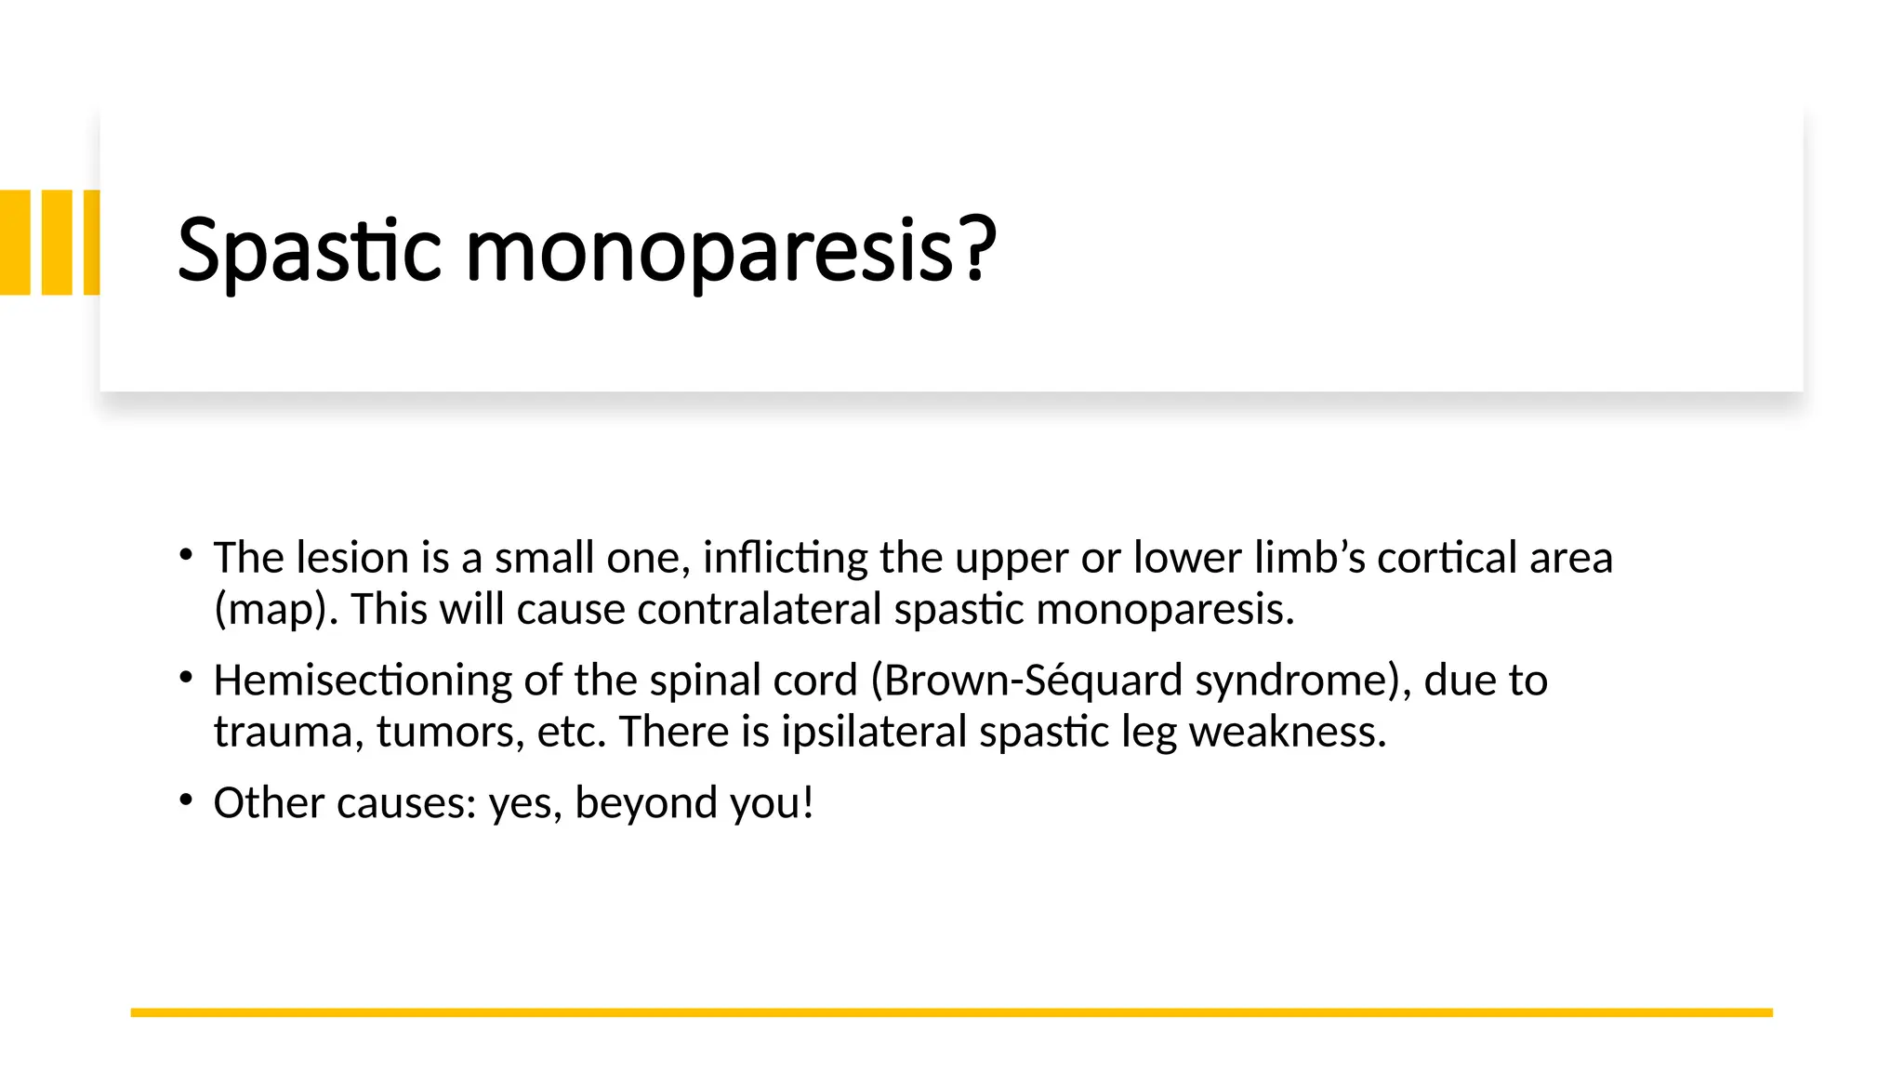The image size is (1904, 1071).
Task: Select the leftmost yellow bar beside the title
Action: [x=15, y=243]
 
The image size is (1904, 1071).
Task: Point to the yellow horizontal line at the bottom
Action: [x=951, y=1012]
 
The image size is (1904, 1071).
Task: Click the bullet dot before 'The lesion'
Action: [x=187, y=556]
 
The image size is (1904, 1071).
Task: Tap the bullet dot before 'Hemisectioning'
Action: [x=187, y=679]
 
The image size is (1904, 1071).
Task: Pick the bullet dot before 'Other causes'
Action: [x=187, y=800]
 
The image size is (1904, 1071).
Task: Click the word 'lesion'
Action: [x=352, y=558]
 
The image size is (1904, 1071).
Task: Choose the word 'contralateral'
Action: [x=759, y=610]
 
